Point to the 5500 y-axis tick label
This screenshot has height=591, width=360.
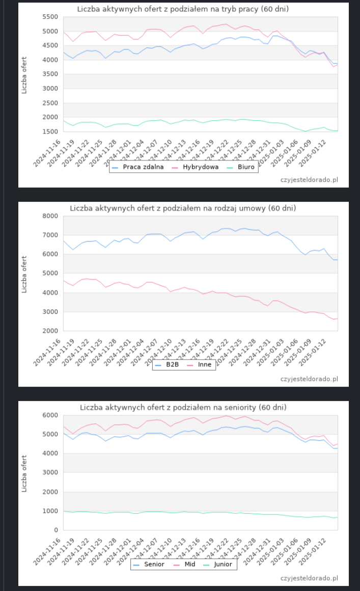pyautogui.click(x=51, y=17)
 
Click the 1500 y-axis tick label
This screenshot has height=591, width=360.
pyautogui.click(x=51, y=131)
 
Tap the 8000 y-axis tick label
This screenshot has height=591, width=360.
pyautogui.click(x=51, y=216)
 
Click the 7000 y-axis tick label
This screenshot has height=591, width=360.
pyautogui.click(x=51, y=235)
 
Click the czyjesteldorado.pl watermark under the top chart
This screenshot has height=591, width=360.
pyautogui.click(x=309, y=180)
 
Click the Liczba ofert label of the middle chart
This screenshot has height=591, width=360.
pyautogui.click(x=24, y=274)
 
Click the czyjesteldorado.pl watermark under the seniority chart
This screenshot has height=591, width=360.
pyautogui.click(x=309, y=578)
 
